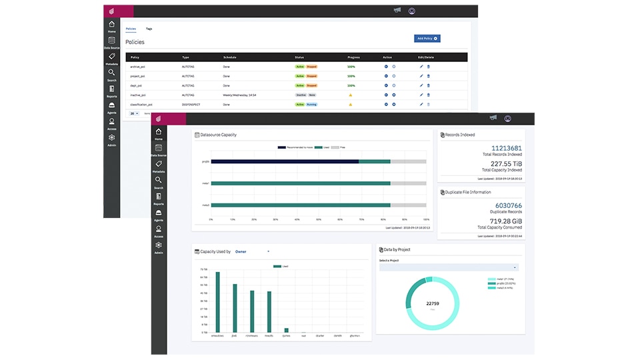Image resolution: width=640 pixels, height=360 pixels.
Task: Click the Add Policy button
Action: [427, 39]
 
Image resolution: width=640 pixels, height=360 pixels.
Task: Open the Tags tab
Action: [149, 29]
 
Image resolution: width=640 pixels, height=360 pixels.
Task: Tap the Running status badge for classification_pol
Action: [311, 104]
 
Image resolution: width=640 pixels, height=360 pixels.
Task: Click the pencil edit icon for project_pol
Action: [421, 76]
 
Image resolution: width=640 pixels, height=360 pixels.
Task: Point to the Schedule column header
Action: [229, 57]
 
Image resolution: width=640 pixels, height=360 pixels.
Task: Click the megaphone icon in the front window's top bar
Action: [493, 118]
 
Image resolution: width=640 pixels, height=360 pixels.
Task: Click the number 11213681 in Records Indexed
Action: [506, 148]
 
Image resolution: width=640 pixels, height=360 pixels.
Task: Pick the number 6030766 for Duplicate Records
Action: [508, 206]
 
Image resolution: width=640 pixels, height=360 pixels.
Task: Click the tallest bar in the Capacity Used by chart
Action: [217, 301]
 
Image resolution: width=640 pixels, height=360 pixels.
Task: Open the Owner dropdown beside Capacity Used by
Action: [252, 251]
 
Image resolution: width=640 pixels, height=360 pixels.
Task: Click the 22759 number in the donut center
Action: [432, 303]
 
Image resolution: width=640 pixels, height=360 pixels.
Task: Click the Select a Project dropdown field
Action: [449, 267]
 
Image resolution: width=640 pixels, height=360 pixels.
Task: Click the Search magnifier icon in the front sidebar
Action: [159, 181]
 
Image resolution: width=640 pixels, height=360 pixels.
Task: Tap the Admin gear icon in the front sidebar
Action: [159, 246]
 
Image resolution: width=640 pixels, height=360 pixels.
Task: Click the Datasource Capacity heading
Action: [219, 135]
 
